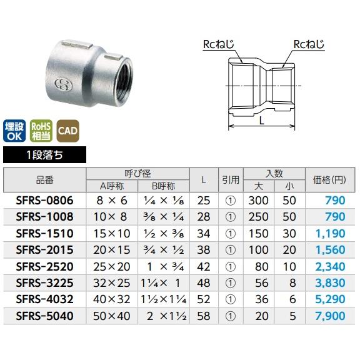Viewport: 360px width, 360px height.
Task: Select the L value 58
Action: pyautogui.click(x=204, y=315)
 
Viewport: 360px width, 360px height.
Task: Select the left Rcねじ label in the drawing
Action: pyautogui.click(x=219, y=44)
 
